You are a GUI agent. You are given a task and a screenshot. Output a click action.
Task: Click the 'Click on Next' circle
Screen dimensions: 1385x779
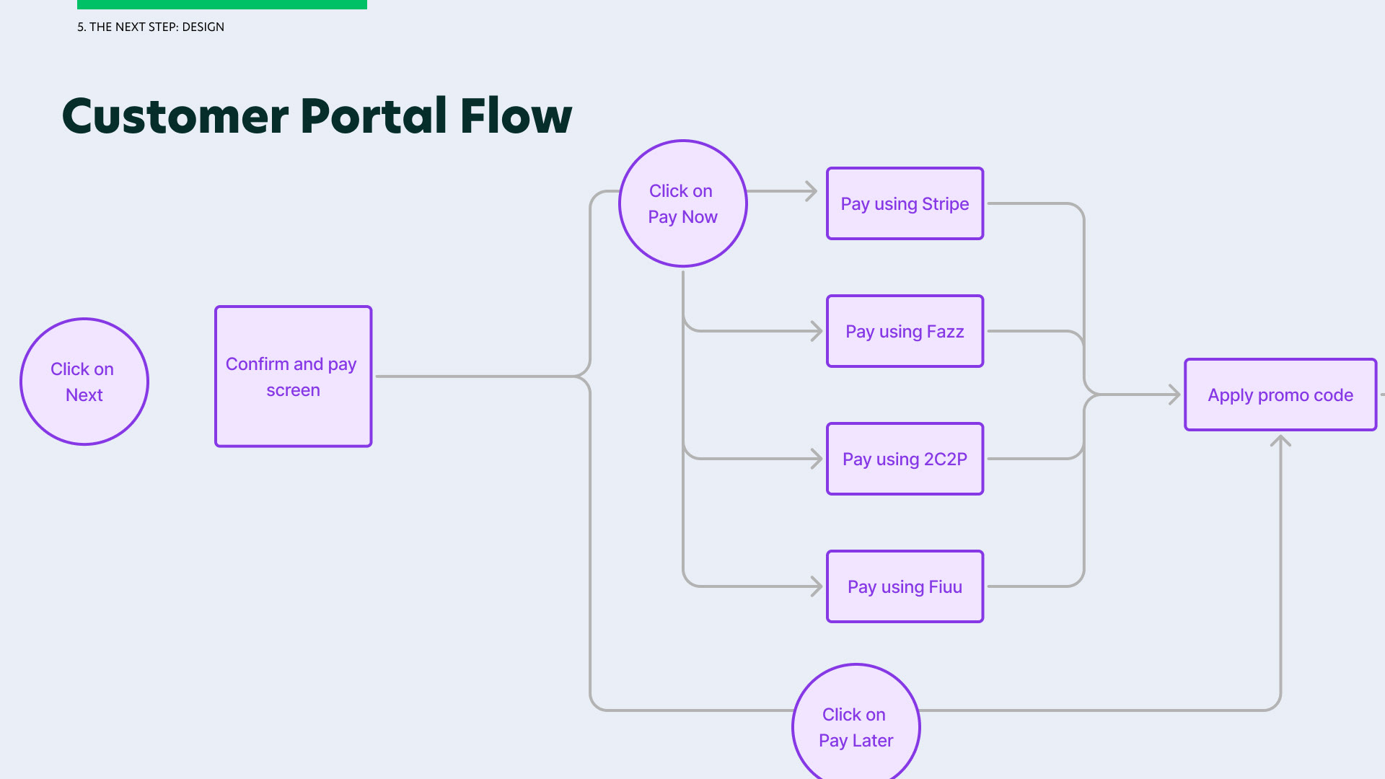pyautogui.click(x=84, y=382)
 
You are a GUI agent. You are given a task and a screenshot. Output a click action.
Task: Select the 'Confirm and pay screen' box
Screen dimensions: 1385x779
pyautogui.click(x=293, y=377)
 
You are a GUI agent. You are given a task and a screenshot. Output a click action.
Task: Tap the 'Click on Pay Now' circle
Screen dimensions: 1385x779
pyautogui.click(x=683, y=203)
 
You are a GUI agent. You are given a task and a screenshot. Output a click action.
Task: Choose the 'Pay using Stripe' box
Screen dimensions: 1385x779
pyautogui.click(x=905, y=203)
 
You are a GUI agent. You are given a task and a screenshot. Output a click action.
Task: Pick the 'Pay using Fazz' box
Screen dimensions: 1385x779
pyautogui.click(x=905, y=331)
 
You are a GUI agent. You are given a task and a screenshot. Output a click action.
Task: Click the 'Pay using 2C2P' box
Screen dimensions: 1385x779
pyautogui.click(x=905, y=459)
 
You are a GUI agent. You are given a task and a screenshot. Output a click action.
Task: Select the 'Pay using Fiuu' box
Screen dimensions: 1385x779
pyautogui.click(x=905, y=586)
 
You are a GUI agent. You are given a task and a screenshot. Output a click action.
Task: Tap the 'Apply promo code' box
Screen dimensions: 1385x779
pyautogui.click(x=1280, y=395)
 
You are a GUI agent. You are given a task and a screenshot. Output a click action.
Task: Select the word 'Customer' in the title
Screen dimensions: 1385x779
pyautogui.click(x=175, y=116)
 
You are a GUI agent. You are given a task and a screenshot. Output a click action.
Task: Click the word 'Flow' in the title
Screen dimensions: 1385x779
pyautogui.click(x=516, y=116)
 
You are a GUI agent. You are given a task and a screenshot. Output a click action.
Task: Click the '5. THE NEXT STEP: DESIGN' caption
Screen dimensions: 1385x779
pyautogui.click(x=151, y=27)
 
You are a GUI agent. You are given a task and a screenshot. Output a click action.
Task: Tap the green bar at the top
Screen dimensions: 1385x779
pyautogui.click(x=222, y=4)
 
